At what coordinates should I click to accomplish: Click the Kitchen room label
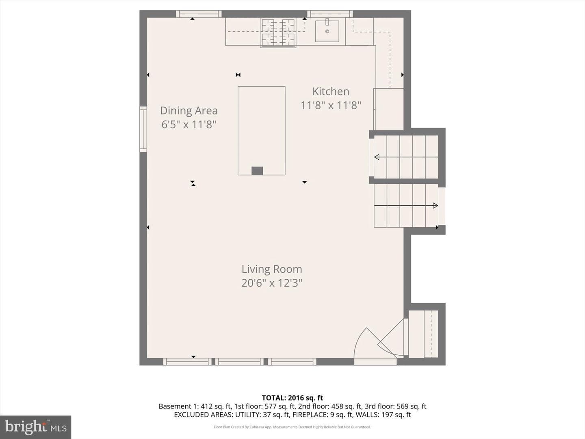pyautogui.click(x=331, y=91)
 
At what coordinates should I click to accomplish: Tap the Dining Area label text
pyautogui.click(x=188, y=111)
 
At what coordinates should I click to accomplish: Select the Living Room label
pyautogui.click(x=272, y=269)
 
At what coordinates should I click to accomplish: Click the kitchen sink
pyautogui.click(x=327, y=31)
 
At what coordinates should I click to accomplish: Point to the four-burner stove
pyautogui.click(x=278, y=33)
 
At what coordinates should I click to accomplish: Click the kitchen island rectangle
pyautogui.click(x=262, y=130)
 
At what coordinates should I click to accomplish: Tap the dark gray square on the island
pyautogui.click(x=257, y=171)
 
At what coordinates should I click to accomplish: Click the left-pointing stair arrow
pyautogui.click(x=406, y=157)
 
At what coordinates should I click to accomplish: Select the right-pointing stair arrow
pyautogui.click(x=406, y=206)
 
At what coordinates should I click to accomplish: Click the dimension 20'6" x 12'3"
pyautogui.click(x=272, y=283)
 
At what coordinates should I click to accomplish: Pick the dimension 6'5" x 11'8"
pyautogui.click(x=188, y=124)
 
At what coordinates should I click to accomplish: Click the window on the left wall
pyautogui.click(x=143, y=129)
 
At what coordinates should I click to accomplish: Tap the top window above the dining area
pyautogui.click(x=199, y=14)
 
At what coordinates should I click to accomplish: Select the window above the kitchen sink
pyautogui.click(x=330, y=14)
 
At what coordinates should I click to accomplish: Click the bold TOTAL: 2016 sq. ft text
pyautogui.click(x=292, y=398)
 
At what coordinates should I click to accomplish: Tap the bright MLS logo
pyautogui.click(x=36, y=427)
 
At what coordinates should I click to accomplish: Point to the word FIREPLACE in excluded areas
pyautogui.click(x=309, y=415)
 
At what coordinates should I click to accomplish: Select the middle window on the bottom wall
pyautogui.click(x=239, y=362)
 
